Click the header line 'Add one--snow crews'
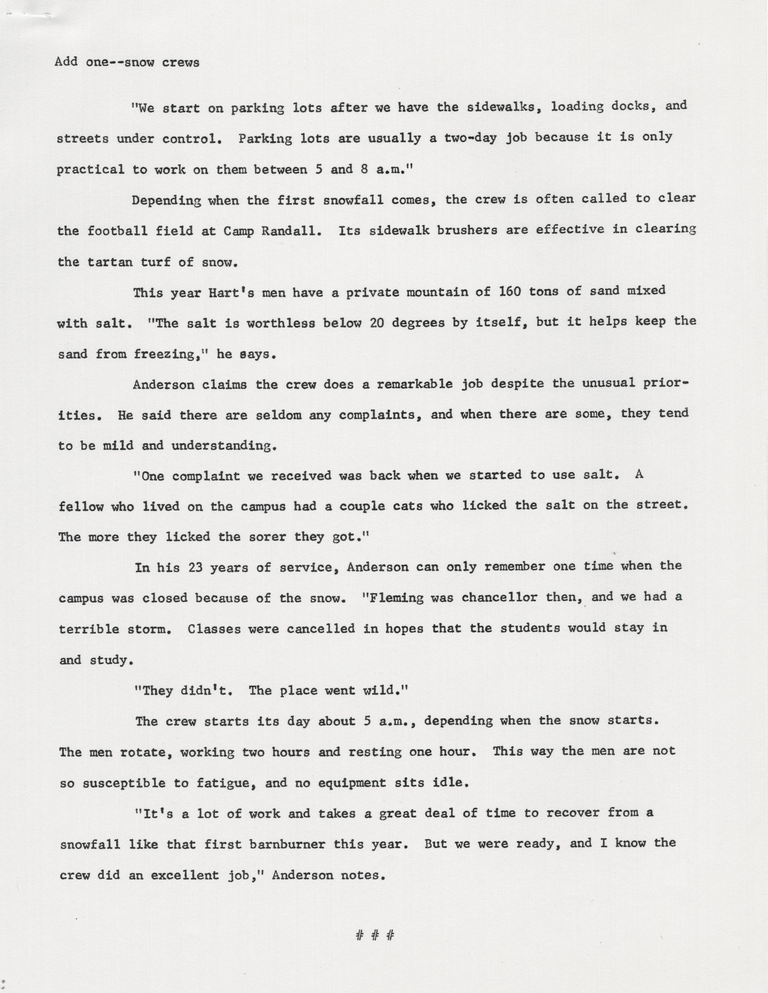[127, 62]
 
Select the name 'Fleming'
[395, 598]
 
